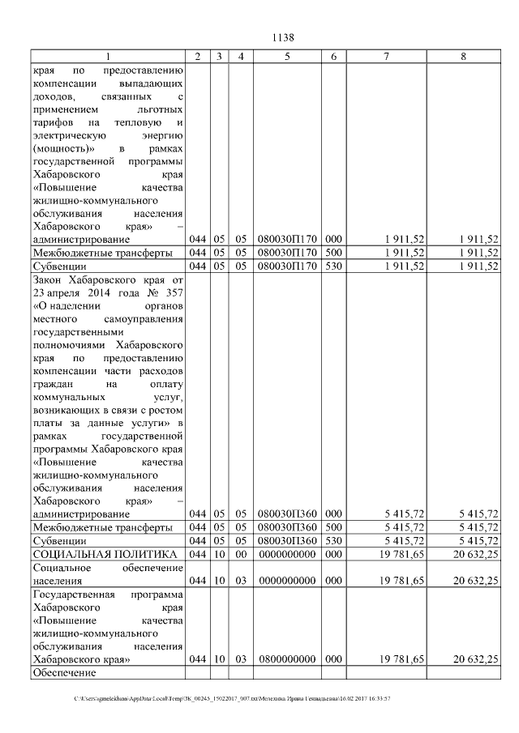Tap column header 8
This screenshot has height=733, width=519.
click(462, 56)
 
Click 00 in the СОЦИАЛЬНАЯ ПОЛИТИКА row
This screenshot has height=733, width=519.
click(240, 553)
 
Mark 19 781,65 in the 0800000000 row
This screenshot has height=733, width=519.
click(402, 659)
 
